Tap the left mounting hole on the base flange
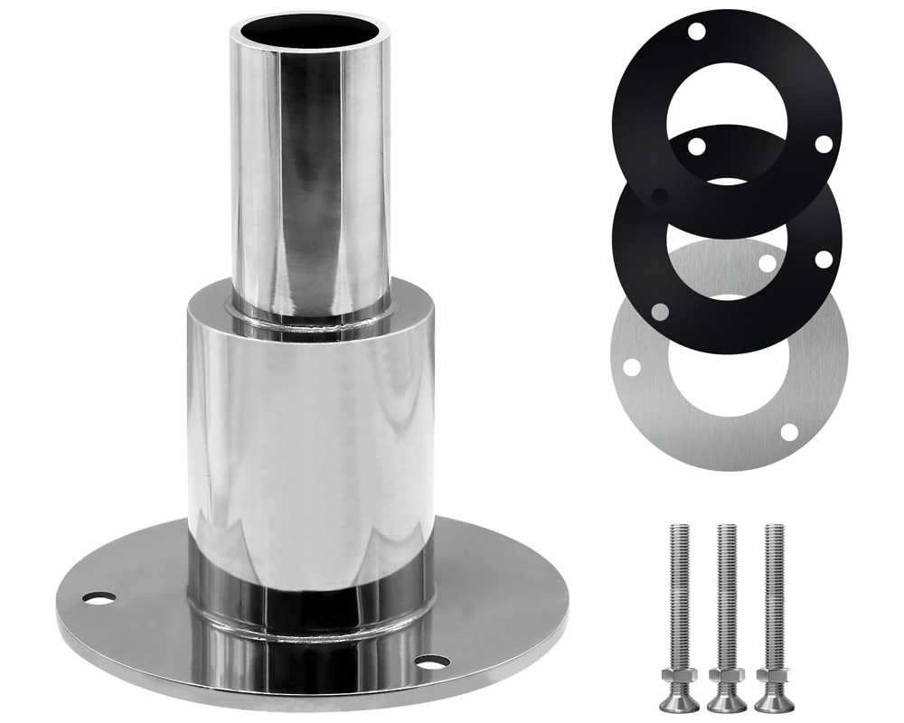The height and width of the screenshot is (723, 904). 99,597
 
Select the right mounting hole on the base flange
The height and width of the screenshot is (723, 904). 432,662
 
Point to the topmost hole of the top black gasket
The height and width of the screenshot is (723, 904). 696,32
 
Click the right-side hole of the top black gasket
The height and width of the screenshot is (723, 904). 823,144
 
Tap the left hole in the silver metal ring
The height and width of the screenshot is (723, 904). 631,367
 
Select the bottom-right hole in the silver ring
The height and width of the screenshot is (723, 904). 789,432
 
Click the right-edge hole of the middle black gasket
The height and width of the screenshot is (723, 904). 824,259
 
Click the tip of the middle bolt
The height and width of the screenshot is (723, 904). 727,527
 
